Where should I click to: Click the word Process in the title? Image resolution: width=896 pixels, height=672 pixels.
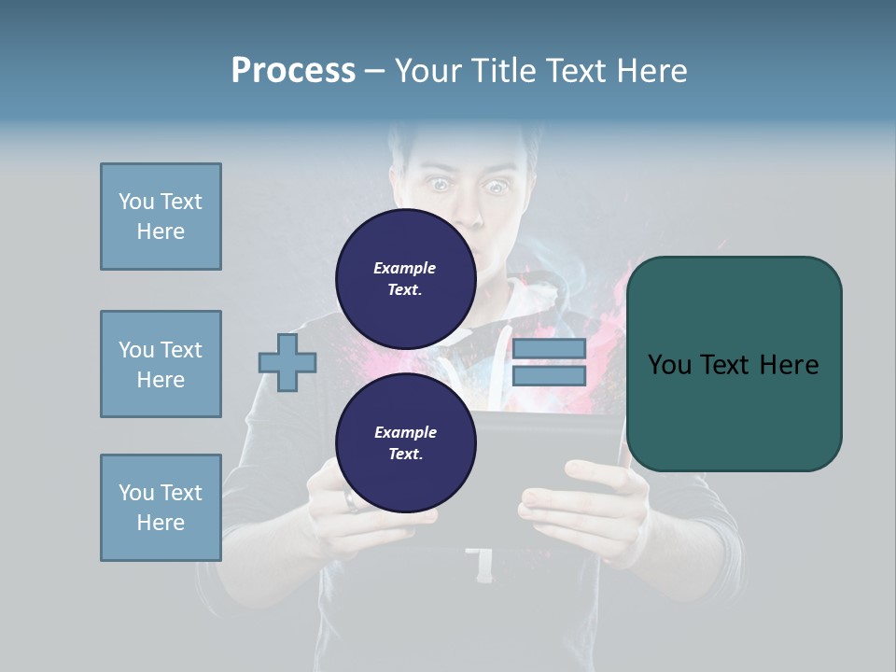pyautogui.click(x=293, y=71)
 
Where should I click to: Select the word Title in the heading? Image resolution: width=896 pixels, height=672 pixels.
pyautogui.click(x=505, y=71)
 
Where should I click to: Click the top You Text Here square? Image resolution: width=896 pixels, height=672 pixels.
pyautogui.click(x=161, y=217)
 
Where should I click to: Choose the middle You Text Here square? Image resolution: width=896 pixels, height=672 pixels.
pyautogui.click(x=161, y=364)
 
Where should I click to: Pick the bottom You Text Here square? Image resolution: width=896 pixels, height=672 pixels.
pyautogui.click(x=161, y=508)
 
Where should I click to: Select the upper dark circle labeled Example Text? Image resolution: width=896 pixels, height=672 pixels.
pyautogui.click(x=405, y=278)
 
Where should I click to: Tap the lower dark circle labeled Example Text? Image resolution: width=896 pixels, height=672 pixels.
pyautogui.click(x=405, y=442)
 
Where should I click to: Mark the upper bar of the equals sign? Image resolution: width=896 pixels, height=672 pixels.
pyautogui.click(x=549, y=349)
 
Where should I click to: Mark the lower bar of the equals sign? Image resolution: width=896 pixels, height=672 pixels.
pyautogui.click(x=549, y=376)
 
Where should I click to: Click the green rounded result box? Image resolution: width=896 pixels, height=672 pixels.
pyautogui.click(x=734, y=364)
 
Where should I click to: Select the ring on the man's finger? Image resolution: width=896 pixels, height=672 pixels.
pyautogui.click(x=351, y=501)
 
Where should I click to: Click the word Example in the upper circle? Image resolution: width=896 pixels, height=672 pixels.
pyautogui.click(x=405, y=268)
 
